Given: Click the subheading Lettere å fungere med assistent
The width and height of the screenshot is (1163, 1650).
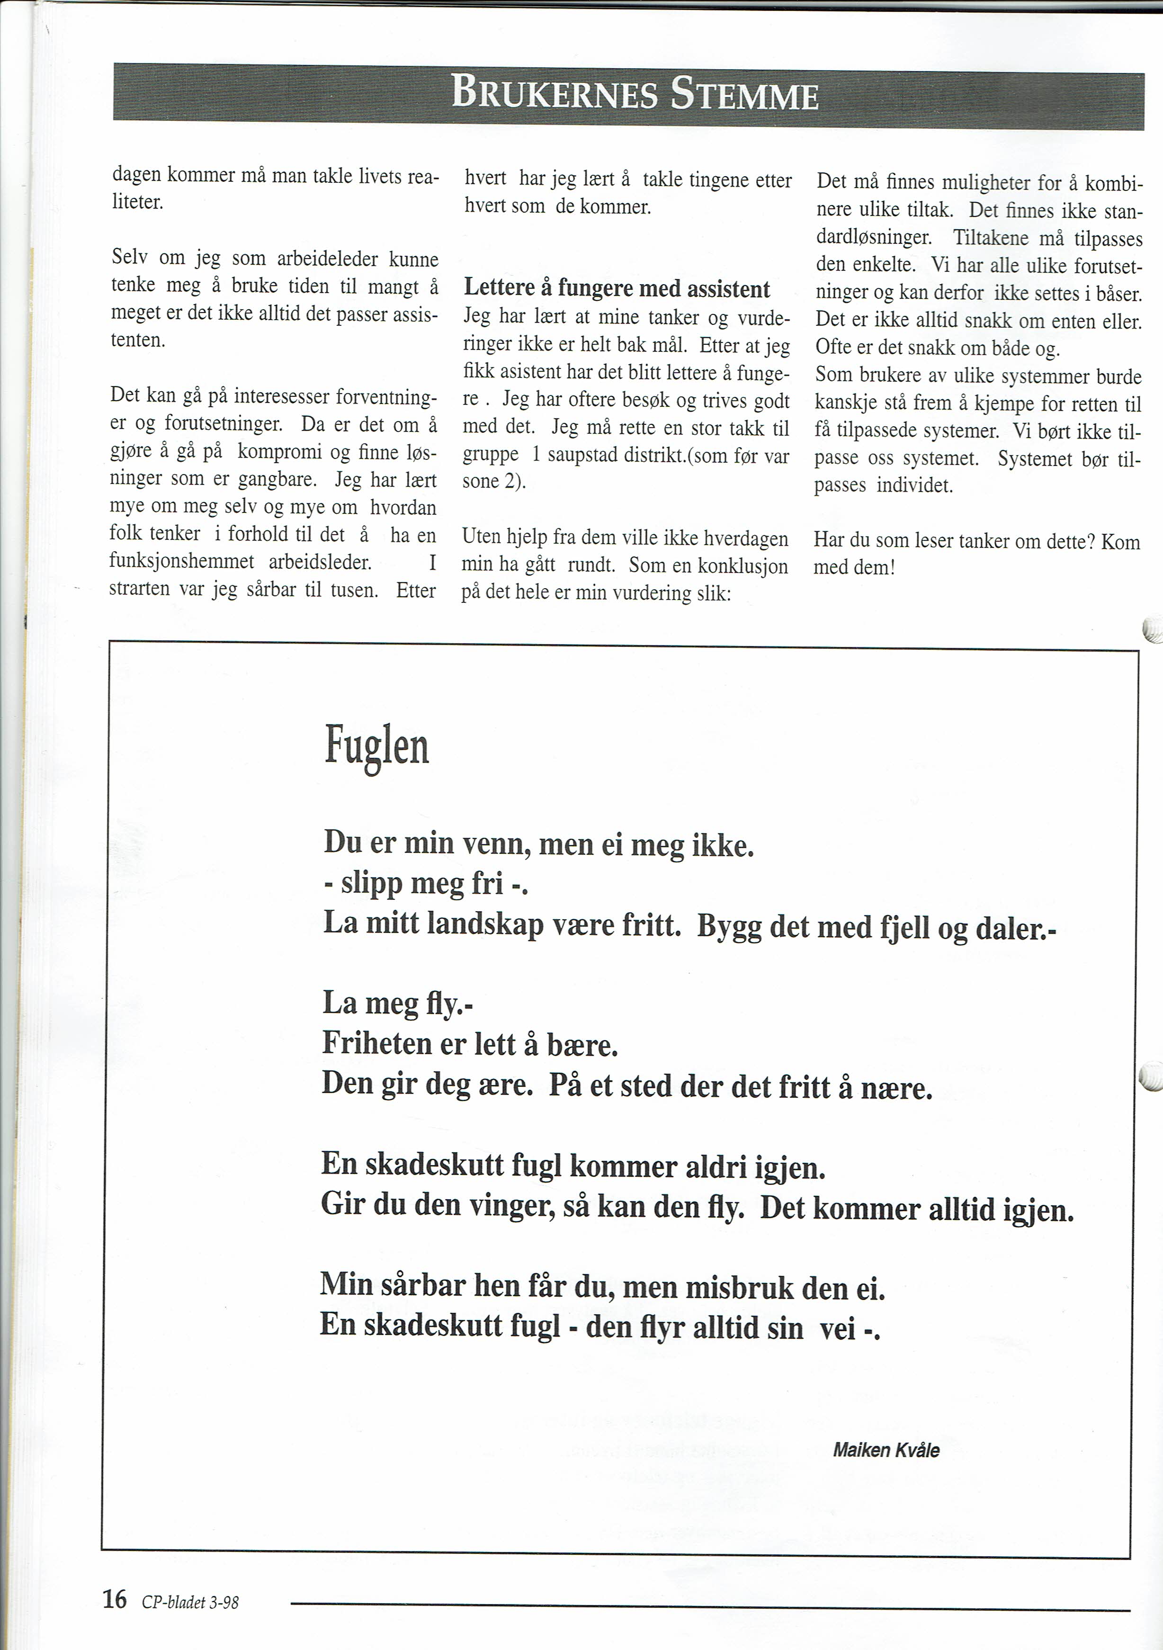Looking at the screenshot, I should pyautogui.click(x=617, y=289).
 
